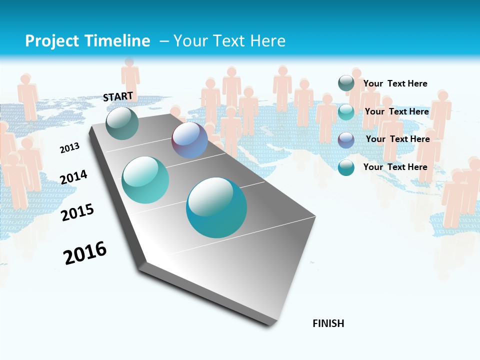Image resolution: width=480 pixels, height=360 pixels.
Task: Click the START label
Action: [x=118, y=96]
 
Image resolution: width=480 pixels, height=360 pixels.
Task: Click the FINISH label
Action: [x=328, y=323]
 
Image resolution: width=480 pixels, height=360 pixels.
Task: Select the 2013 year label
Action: [x=69, y=147]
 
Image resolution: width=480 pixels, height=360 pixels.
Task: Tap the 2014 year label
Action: [x=73, y=177]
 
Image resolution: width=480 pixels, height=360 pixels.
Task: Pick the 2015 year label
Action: [x=77, y=212]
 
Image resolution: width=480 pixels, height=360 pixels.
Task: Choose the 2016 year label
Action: [x=85, y=253]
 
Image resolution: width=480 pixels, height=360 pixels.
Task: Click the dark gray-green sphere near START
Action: [x=122, y=123]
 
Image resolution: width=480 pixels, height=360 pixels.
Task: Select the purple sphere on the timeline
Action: [x=189, y=140]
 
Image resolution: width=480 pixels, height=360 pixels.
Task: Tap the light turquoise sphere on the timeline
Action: [x=145, y=180]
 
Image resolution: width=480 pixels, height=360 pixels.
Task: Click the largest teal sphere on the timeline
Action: [x=216, y=207]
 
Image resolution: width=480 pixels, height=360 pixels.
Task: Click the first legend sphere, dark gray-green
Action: [x=346, y=83]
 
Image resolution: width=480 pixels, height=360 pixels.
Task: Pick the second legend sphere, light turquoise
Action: [x=346, y=111]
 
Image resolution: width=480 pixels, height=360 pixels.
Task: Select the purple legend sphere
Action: [x=346, y=139]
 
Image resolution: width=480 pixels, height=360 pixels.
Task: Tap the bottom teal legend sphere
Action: [x=346, y=167]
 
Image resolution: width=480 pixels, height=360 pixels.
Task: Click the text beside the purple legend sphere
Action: [x=397, y=139]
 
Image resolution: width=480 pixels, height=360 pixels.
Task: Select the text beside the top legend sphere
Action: [x=395, y=83]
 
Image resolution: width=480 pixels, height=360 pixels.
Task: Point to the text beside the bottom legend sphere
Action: [x=395, y=167]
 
